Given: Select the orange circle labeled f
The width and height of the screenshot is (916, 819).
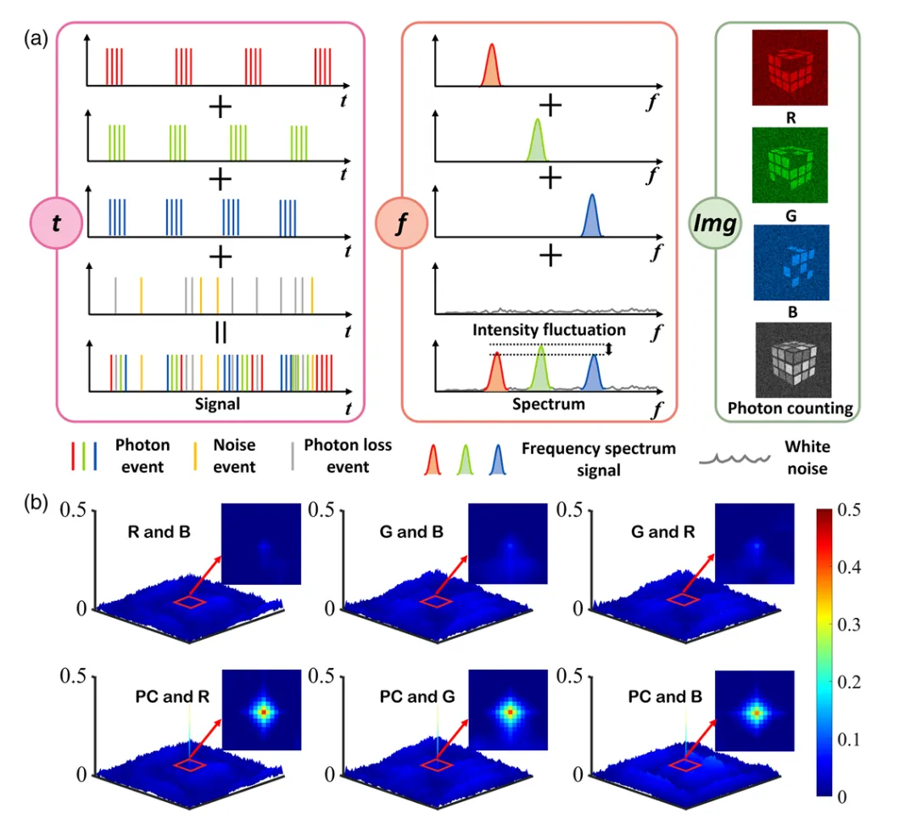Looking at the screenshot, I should pyautogui.click(x=401, y=224).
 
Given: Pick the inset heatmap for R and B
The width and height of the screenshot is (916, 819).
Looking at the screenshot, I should pyautogui.click(x=264, y=544).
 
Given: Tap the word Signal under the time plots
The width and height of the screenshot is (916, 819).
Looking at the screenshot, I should pyautogui.click(x=217, y=404).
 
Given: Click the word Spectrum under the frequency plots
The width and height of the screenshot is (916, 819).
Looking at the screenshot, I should pyautogui.click(x=548, y=404).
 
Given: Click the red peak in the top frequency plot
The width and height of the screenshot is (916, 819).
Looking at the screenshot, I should pyautogui.click(x=491, y=68).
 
